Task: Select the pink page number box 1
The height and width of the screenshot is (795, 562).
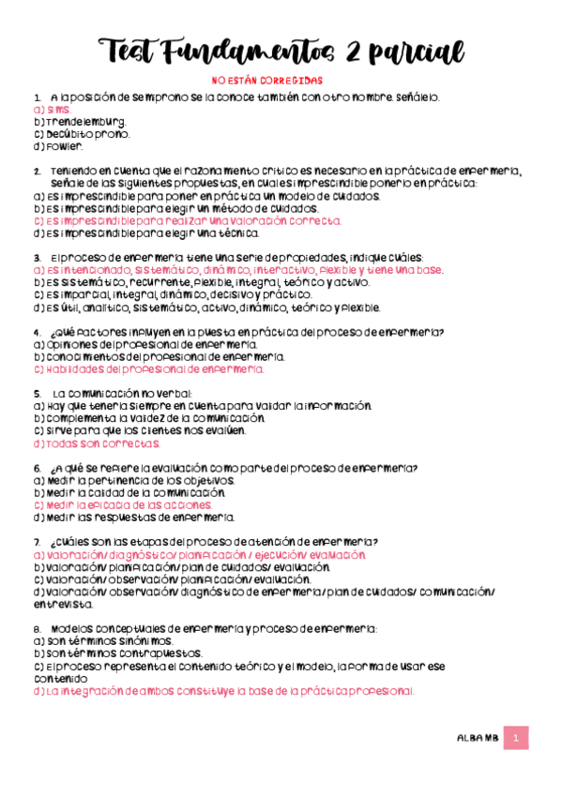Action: coord(515,739)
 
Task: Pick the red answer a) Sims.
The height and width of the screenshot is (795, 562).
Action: coord(51,110)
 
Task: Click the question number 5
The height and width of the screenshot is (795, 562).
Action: coord(36,393)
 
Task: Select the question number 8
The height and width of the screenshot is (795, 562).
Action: coord(36,627)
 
